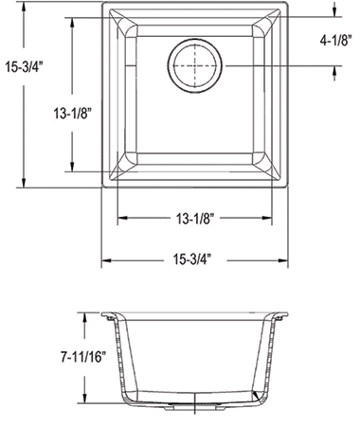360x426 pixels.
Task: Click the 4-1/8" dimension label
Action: tap(335, 41)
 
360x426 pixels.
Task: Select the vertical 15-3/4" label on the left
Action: tap(24, 67)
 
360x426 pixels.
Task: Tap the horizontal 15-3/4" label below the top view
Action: tap(191, 260)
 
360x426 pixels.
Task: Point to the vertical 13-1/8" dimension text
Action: tap(72, 114)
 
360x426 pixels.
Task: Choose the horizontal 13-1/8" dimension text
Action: tap(195, 218)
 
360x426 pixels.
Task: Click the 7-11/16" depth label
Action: tap(83, 357)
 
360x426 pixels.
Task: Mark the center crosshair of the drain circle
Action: tap(195, 65)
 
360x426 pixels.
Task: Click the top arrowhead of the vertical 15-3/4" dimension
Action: tap(24, 7)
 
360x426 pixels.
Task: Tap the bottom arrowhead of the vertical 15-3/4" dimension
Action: tap(24, 183)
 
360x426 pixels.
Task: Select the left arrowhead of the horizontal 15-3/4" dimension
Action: tap(106, 260)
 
